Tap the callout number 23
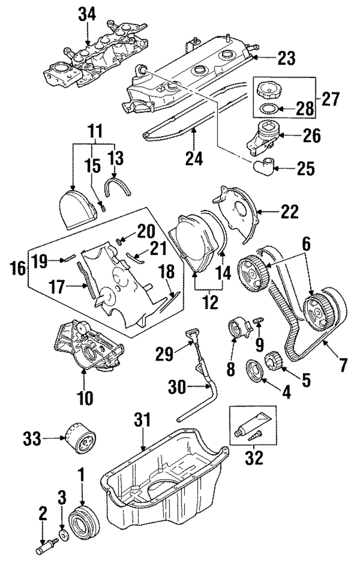(287, 58)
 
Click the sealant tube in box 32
(253, 423)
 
